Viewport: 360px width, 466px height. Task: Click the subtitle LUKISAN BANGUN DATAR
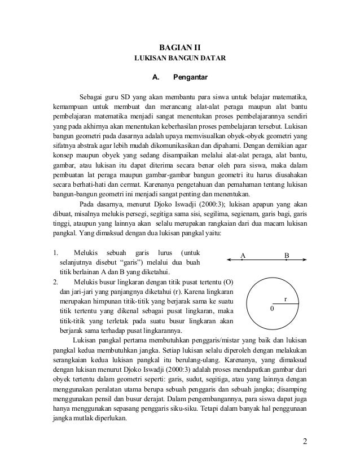pyautogui.click(x=179, y=59)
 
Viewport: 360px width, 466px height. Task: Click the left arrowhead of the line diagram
pyautogui.click(x=228, y=260)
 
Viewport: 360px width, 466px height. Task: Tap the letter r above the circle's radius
pyautogui.click(x=286, y=299)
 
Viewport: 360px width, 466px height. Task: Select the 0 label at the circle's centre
pyautogui.click(x=274, y=309)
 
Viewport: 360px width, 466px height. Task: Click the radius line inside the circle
pyautogui.click(x=287, y=305)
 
